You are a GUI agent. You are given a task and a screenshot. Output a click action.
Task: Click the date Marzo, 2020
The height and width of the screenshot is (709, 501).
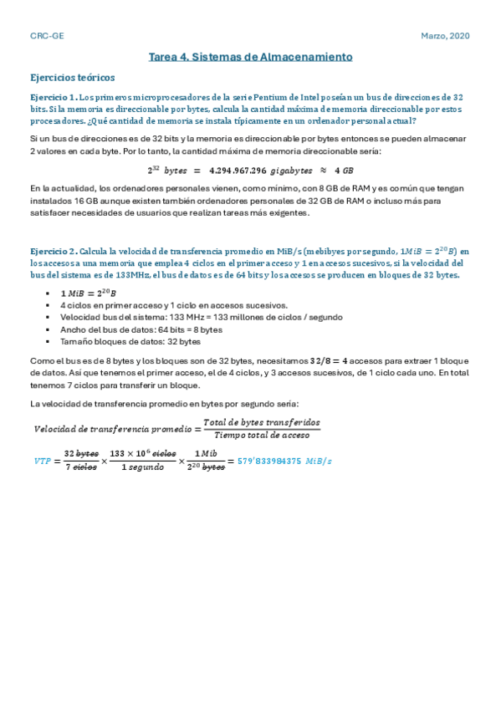[x=444, y=37]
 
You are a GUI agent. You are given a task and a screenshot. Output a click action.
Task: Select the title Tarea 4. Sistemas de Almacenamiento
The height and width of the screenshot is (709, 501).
[x=250, y=57]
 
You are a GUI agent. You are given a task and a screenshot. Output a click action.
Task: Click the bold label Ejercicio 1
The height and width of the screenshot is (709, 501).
[x=53, y=97]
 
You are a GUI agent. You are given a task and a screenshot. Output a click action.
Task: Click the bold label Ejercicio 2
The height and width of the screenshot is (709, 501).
[x=53, y=251]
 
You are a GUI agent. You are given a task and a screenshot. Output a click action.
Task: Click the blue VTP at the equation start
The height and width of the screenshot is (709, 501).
[x=41, y=461]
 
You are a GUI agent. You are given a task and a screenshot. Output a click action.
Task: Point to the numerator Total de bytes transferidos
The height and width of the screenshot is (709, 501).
[x=261, y=422]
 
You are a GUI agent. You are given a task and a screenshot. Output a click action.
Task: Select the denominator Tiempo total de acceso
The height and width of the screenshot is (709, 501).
[x=261, y=435]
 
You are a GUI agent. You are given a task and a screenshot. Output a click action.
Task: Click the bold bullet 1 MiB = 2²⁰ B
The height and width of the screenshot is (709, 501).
[x=89, y=293]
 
